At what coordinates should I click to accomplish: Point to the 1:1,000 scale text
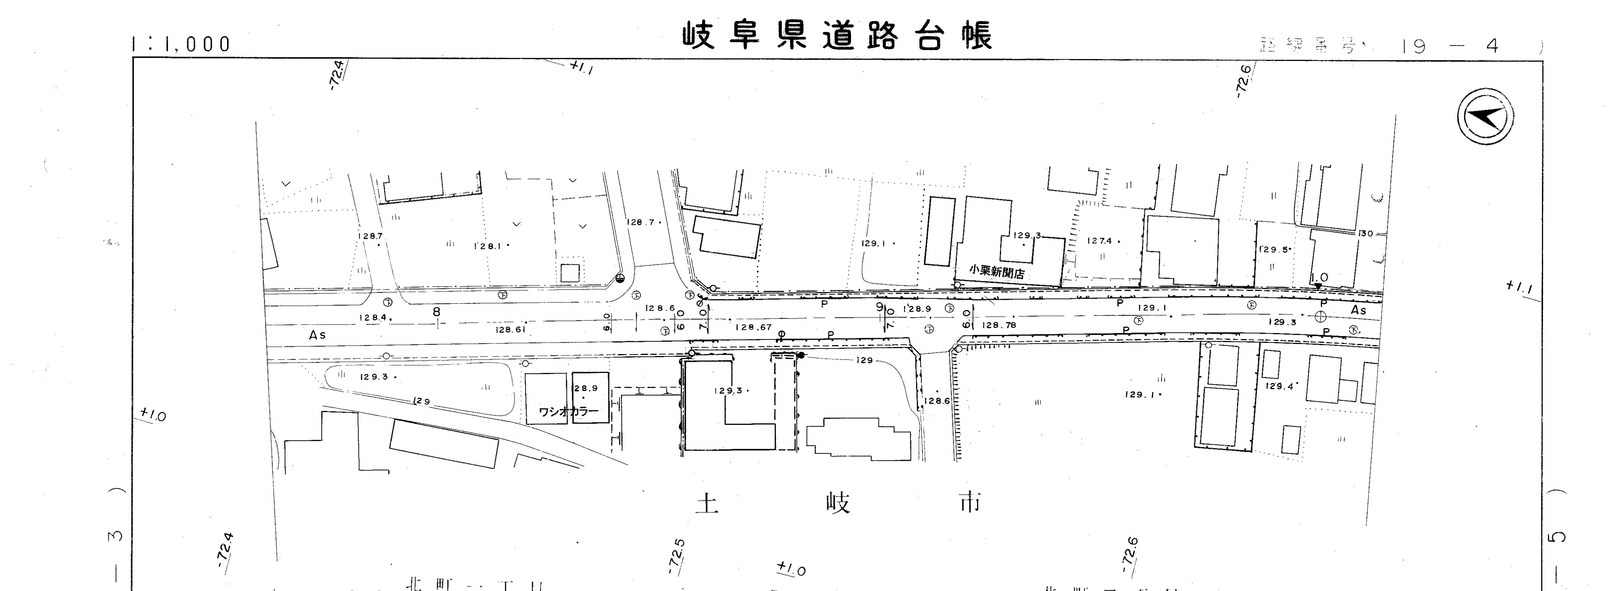point(181,44)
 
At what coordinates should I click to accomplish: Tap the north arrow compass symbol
point(1485,117)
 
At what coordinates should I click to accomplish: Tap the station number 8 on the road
point(437,312)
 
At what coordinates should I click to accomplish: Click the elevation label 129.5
point(1274,250)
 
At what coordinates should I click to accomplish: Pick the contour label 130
point(1365,233)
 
